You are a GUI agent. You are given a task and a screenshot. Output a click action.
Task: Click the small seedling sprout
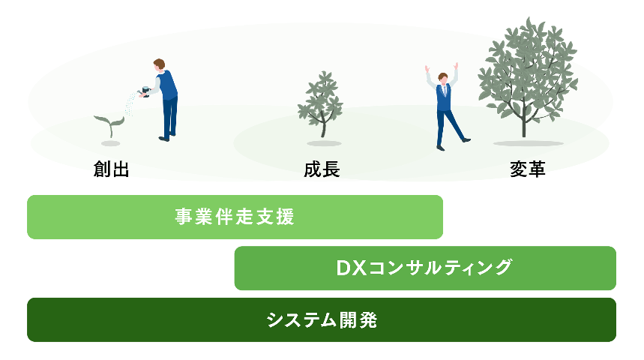109,124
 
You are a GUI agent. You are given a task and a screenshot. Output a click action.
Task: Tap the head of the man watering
159,65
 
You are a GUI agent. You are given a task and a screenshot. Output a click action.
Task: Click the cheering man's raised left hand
427,68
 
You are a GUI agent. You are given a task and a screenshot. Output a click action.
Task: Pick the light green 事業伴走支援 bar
235,217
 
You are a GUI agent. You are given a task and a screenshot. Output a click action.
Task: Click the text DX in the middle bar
350,268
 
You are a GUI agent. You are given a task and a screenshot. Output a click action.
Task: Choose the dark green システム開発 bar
322,319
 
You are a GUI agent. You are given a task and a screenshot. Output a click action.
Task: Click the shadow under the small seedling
111,142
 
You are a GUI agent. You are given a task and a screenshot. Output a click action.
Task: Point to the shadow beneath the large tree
527,143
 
